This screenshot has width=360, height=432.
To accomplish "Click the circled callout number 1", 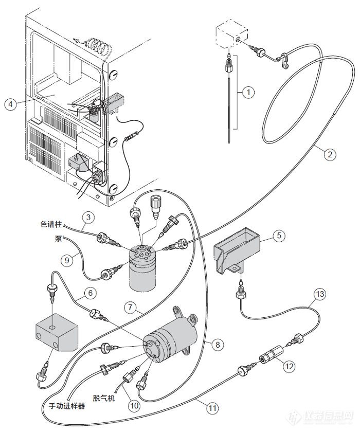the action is click(x=248, y=92).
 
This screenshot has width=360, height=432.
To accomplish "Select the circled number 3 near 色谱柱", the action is click(x=88, y=218).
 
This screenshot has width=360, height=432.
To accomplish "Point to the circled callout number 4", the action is click(x=11, y=104).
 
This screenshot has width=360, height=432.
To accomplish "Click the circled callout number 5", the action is click(x=279, y=236).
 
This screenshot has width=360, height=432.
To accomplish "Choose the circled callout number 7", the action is click(x=130, y=307).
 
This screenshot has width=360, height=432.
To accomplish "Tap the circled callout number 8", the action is click(x=218, y=345).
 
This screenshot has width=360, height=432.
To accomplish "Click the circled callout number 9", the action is click(x=67, y=260).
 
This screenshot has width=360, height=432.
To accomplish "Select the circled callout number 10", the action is click(x=134, y=405).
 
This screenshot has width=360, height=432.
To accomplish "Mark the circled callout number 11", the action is click(x=212, y=408).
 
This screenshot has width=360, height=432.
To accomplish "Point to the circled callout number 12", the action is click(x=289, y=366).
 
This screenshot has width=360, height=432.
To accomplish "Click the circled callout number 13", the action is click(x=320, y=294).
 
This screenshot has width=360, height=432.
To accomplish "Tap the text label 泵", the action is click(x=59, y=239).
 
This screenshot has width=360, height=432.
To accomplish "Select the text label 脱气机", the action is click(x=103, y=398).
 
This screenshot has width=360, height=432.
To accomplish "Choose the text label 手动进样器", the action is click(x=67, y=406).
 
